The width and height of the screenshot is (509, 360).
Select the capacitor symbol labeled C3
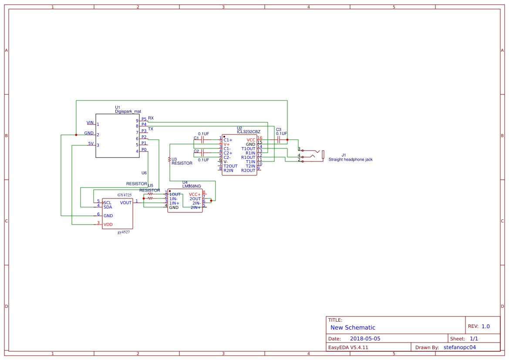tap(278, 140)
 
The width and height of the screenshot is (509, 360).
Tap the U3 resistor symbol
tap(169, 159)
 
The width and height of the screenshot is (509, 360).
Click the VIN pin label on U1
tap(90, 123)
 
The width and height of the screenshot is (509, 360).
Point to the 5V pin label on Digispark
tap(91, 143)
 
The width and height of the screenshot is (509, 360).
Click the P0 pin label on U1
tap(144, 150)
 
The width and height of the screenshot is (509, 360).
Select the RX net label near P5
tap(151, 118)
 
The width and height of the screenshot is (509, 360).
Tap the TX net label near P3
tap(151, 129)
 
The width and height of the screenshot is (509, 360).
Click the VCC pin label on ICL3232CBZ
tap(251, 140)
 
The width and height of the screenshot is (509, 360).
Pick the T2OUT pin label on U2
tap(230, 166)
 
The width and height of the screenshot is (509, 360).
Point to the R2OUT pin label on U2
tap(248, 170)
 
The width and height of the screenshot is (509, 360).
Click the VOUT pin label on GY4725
tap(126, 203)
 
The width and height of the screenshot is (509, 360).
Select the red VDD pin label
tap(108, 225)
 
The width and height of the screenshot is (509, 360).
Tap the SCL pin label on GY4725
tap(107, 203)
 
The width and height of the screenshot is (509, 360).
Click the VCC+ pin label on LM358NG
tap(195, 194)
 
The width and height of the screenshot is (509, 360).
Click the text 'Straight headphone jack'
tap(351, 159)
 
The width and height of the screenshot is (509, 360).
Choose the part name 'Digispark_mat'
tap(128, 111)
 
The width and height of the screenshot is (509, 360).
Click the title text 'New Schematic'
tap(353, 327)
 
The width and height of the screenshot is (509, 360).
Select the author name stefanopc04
tap(460, 347)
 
